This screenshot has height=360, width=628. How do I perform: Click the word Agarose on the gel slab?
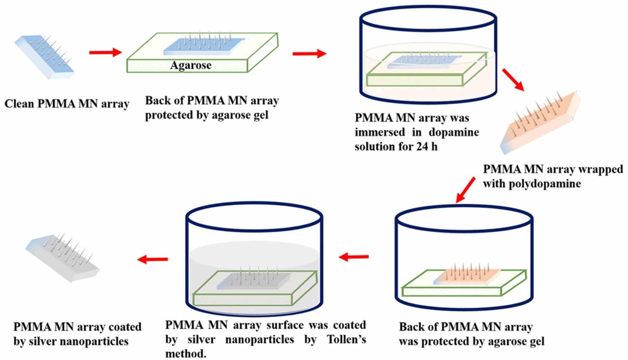pyautogui.click(x=191, y=65)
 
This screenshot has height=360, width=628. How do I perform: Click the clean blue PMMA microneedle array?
pyautogui.click(x=44, y=56)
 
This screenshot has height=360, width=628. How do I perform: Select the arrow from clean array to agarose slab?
pyautogui.click(x=105, y=52)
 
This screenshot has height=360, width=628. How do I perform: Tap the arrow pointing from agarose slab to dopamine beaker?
pyautogui.click(x=309, y=54)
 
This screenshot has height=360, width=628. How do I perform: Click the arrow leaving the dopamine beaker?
pyautogui.click(x=513, y=79)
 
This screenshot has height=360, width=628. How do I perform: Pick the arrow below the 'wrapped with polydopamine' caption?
pyautogui.click(x=466, y=189)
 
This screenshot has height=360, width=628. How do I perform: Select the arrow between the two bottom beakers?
pyautogui.click(x=354, y=257)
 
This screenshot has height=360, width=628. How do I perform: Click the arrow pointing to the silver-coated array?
pyautogui.click(x=153, y=259)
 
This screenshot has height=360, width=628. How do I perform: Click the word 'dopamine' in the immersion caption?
pyautogui.click(x=454, y=132)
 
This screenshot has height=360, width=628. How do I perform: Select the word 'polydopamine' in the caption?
pyautogui.click(x=544, y=183)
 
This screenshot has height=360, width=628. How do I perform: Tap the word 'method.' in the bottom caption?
pyautogui.click(x=186, y=353)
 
